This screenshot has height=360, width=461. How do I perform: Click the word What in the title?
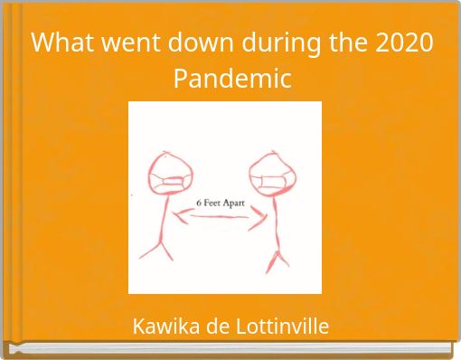[x=61, y=43]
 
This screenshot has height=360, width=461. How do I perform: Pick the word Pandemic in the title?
[x=232, y=79]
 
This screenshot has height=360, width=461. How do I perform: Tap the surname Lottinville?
[x=278, y=326]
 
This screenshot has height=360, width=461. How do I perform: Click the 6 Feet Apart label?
[x=221, y=203]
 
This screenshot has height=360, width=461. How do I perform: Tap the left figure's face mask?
[x=169, y=183]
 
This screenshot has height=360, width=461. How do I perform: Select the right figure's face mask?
[x=270, y=182]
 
